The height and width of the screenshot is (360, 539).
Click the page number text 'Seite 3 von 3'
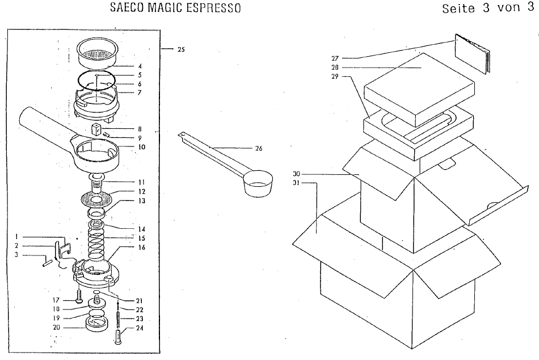488,8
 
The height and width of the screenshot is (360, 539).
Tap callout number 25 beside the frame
181,49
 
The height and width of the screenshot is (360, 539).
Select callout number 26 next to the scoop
259,148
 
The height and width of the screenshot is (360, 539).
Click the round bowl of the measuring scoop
258,183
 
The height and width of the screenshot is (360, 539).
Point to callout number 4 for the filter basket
140,66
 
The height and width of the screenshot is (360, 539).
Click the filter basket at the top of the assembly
97,53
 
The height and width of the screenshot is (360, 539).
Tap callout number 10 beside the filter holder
141,147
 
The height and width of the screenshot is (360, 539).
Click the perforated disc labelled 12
96,199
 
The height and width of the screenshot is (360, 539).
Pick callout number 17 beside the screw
56,300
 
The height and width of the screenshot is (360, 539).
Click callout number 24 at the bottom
140,328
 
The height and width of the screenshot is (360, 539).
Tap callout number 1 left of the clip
16,237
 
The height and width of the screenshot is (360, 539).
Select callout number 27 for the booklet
335,58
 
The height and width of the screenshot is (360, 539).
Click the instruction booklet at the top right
473,53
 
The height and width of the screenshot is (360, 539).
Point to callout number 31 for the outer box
296,183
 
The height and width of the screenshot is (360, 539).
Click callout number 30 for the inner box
296,174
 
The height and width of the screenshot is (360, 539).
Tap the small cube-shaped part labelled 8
95,130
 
